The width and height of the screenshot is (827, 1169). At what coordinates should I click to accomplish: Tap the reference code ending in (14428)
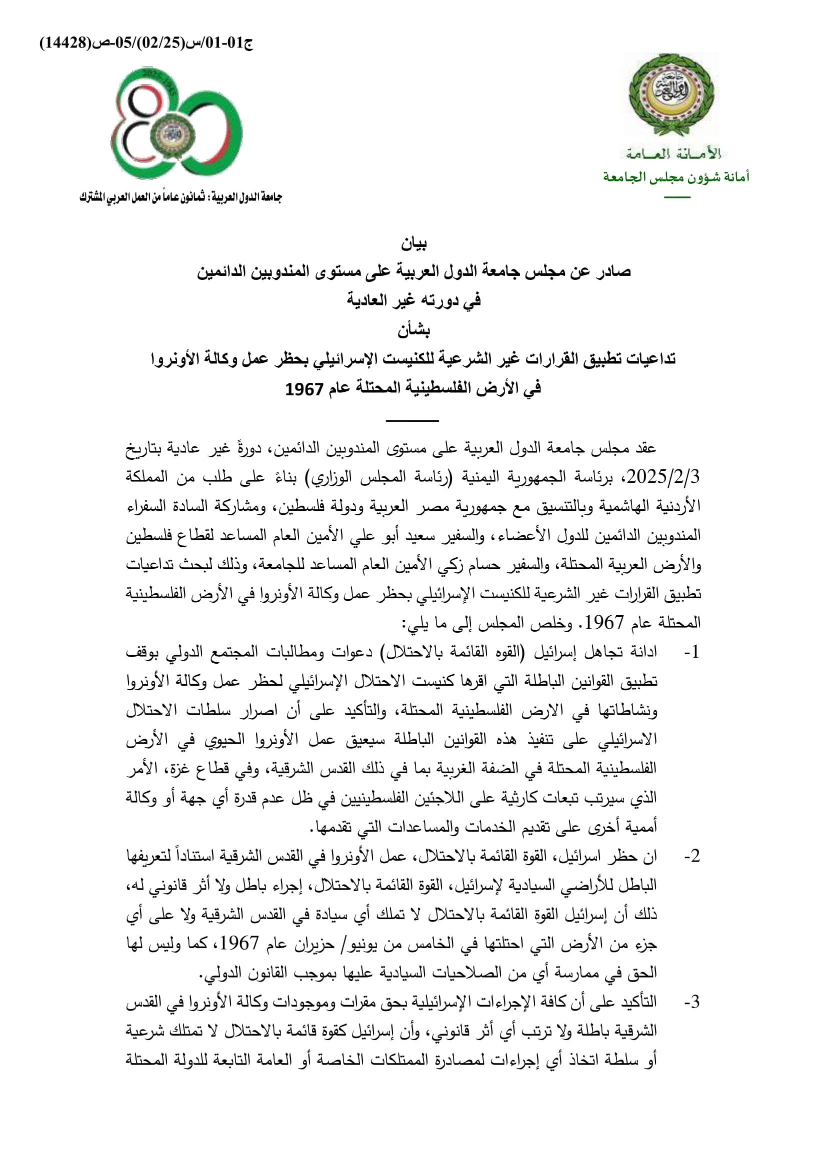(x=146, y=43)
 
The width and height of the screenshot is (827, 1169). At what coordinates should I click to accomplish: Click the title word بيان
(x=413, y=244)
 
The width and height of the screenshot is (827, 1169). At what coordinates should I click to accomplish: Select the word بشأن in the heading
(x=413, y=330)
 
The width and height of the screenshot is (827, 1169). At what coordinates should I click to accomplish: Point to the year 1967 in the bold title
(x=304, y=389)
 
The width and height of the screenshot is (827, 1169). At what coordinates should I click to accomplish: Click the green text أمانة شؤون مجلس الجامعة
(x=676, y=177)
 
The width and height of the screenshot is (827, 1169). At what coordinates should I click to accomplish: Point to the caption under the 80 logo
(x=180, y=197)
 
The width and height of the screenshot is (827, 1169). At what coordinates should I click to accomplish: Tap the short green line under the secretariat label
(x=677, y=197)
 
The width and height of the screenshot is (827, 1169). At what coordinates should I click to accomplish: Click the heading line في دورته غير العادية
(x=413, y=300)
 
